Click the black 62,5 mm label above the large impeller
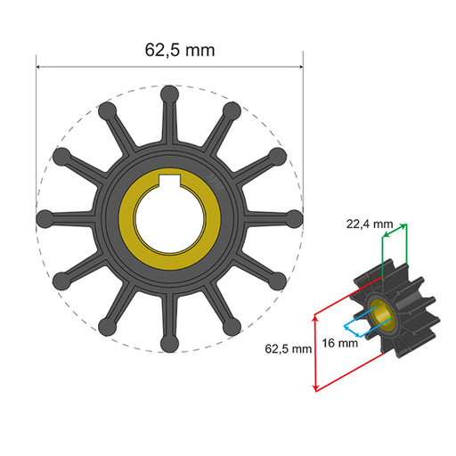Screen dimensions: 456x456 tap(180, 50)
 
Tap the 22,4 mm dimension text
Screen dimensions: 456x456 tap(370, 225)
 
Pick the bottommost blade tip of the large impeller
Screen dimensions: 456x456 tap(168, 341)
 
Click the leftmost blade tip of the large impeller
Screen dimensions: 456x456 tap(43, 216)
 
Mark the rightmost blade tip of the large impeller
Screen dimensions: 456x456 tap(295, 216)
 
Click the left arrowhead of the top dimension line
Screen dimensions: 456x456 tap(39, 64)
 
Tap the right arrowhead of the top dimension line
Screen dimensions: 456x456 tap(300, 64)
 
